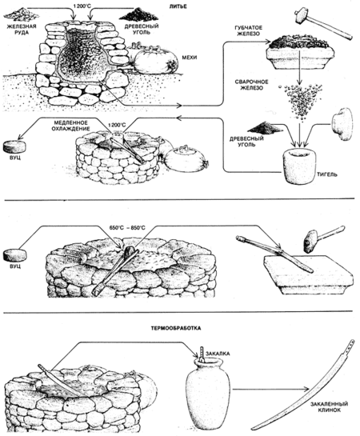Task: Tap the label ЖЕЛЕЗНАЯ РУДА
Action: [x=22, y=29]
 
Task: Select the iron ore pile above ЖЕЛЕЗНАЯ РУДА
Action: [x=21, y=15]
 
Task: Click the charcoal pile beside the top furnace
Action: [x=138, y=14]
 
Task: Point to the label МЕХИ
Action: [x=190, y=58]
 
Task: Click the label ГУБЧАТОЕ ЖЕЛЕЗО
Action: [x=249, y=30]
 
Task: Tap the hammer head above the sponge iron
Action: [x=301, y=17]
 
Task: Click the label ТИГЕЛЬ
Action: [x=327, y=174]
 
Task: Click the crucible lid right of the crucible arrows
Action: [x=342, y=124]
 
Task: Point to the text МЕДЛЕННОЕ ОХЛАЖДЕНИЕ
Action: [x=72, y=126]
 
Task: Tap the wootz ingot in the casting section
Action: [x=14, y=147]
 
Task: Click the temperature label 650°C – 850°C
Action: [x=127, y=228]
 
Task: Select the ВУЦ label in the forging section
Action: [x=14, y=266]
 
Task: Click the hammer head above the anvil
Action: [x=310, y=242]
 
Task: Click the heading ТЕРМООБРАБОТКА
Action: [x=176, y=328]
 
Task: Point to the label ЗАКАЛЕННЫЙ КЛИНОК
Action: [x=329, y=407]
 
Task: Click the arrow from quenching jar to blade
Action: [x=271, y=390]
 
